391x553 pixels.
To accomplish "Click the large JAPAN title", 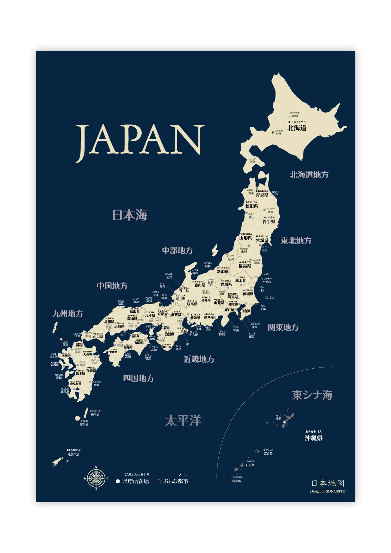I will pyautogui.click(x=140, y=140).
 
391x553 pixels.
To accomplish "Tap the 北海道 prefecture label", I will pyautogui.click(x=297, y=128).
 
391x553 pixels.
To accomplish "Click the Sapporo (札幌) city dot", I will pyautogui.click(x=273, y=132).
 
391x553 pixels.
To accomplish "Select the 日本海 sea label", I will pyautogui.click(x=130, y=215).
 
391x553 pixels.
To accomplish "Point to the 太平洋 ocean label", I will pyautogui.click(x=183, y=421).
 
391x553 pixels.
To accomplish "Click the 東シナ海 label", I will pyautogui.click(x=312, y=395).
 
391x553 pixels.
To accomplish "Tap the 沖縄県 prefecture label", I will pyautogui.click(x=314, y=438).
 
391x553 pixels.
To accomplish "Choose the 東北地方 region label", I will pyautogui.click(x=296, y=241).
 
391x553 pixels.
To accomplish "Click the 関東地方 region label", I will pyautogui.click(x=283, y=327).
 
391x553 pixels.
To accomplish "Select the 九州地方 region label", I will pyautogui.click(x=68, y=314).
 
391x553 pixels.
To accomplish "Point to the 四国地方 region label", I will pyautogui.click(x=139, y=378).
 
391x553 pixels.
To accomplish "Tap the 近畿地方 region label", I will pyautogui.click(x=199, y=359).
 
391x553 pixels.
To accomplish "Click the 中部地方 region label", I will pyautogui.click(x=177, y=250).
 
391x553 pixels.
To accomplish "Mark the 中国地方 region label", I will pyautogui.click(x=112, y=286).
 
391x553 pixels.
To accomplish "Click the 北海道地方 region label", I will pyautogui.click(x=309, y=175).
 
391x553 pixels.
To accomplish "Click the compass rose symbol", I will pyautogui.click(x=96, y=478).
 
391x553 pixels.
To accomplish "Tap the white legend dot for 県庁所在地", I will pyautogui.click(x=118, y=481).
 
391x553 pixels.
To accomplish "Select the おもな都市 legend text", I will pyautogui.click(x=175, y=481).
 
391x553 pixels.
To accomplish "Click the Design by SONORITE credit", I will pyautogui.click(x=327, y=491).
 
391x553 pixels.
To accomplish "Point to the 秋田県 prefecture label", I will pyautogui.click(x=251, y=206).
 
